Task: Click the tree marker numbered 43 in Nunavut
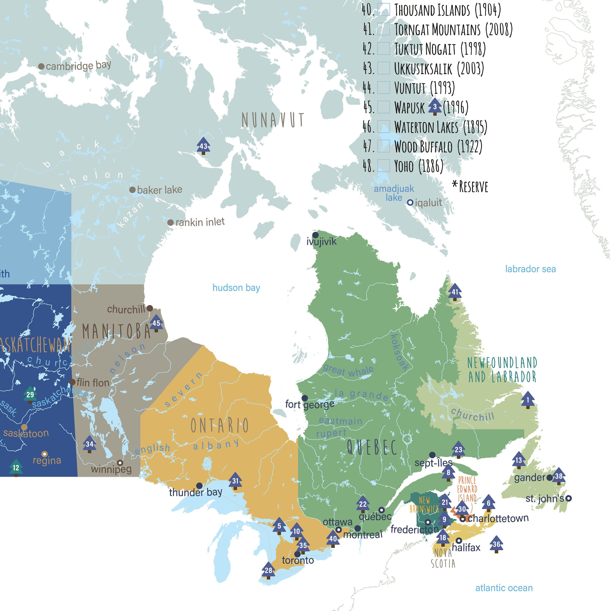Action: [x=203, y=146]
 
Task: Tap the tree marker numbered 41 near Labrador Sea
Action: [x=455, y=292]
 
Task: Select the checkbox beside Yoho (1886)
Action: [x=384, y=165]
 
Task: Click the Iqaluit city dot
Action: [x=410, y=202]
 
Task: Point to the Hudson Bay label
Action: [x=236, y=288]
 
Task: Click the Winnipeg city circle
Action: [x=120, y=463]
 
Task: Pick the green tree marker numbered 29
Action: [x=30, y=394]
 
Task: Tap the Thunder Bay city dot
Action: [x=199, y=486]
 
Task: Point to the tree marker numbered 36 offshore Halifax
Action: [x=496, y=544]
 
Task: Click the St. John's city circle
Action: [x=568, y=498]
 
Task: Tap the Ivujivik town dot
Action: [x=315, y=235]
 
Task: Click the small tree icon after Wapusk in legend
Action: [x=435, y=107]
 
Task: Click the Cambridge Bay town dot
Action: [x=41, y=66]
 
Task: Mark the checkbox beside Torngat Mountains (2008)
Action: [x=384, y=29]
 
